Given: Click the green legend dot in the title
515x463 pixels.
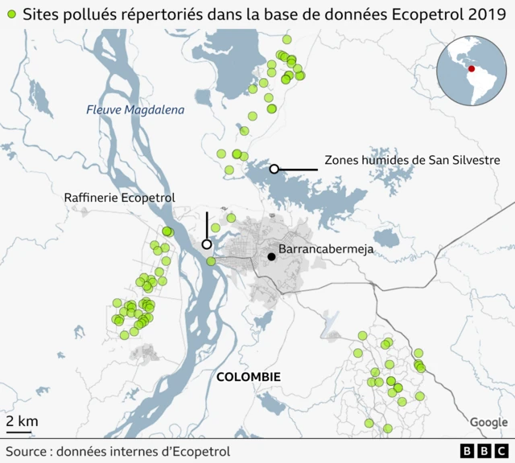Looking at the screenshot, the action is point(10,14).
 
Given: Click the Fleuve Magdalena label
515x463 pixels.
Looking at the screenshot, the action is point(135,110).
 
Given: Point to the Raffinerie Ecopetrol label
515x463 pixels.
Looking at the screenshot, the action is point(119,198).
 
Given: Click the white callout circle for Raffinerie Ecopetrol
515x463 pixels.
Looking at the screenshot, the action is point(207,244).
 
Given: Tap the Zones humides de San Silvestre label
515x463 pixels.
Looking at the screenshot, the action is point(412,160).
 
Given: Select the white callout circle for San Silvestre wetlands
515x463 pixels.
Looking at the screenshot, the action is point(274,169).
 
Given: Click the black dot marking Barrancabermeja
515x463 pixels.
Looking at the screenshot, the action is point(272,257).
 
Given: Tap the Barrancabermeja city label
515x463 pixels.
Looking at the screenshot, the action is point(326,250).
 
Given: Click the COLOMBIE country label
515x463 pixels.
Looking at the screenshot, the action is point(248,376).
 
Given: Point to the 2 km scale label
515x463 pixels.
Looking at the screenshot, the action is point(22,420).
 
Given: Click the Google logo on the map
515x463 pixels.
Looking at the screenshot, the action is point(488,423).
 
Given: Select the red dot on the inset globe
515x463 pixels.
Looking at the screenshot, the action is point(472,69).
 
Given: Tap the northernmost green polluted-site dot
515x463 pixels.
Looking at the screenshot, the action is point(286,39).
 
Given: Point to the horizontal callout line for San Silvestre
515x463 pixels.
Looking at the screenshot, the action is point(299,169).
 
